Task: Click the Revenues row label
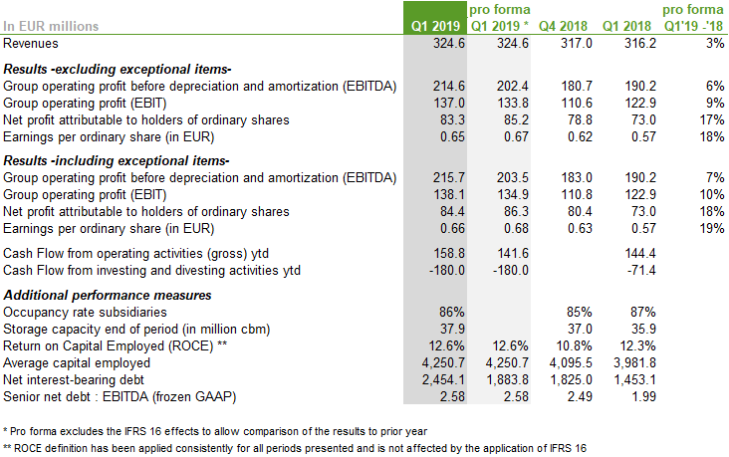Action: [x=32, y=44]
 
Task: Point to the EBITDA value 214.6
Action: [x=439, y=87]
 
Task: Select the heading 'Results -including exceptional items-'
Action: [x=119, y=160]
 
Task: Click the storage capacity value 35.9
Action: [x=639, y=330]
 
